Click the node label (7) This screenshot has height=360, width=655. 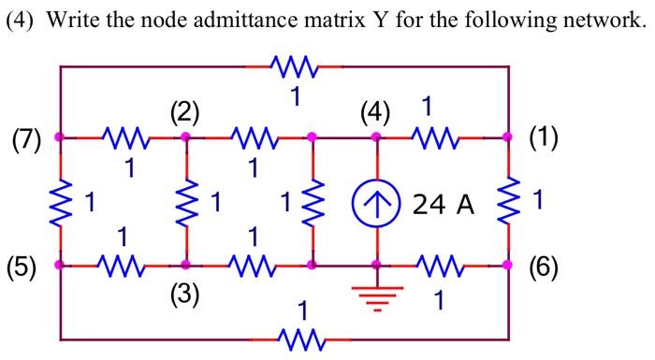(x=26, y=141)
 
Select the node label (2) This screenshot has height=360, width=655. (x=185, y=114)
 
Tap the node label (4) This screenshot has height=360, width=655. (x=375, y=114)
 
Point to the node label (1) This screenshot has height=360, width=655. (x=543, y=138)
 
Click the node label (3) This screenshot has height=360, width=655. (x=185, y=296)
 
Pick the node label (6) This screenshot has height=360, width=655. (x=543, y=267)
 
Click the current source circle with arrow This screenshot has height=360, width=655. (x=376, y=202)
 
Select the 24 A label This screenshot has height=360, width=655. (x=444, y=204)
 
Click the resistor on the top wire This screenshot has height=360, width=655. (x=294, y=66)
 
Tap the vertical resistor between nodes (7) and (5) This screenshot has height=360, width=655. (x=61, y=201)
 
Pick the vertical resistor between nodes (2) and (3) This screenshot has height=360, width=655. (x=185, y=201)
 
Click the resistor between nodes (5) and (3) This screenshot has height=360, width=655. (x=124, y=266)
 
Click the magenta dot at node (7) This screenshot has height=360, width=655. (x=61, y=137)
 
